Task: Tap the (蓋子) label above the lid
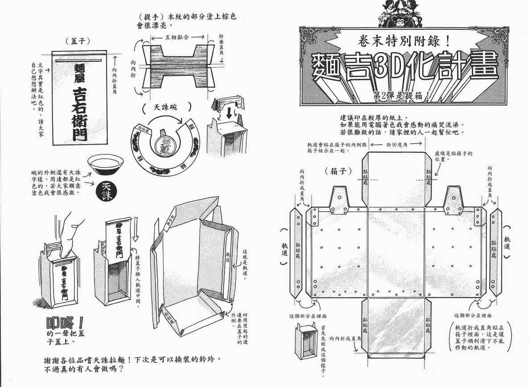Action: [80, 40]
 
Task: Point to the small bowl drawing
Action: [106, 166]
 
